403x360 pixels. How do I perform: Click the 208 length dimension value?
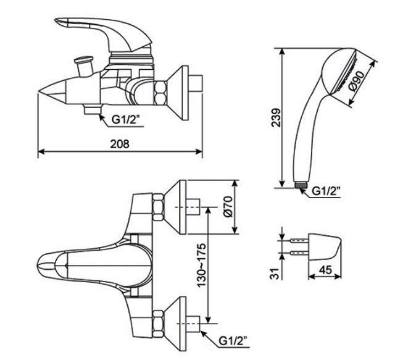(x=120, y=143)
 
